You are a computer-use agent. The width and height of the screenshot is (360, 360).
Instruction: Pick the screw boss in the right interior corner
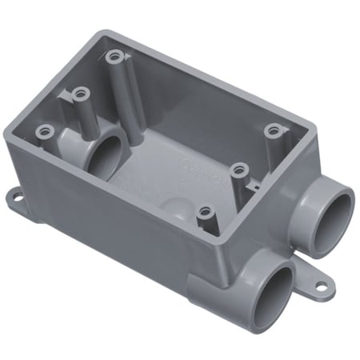[274, 130]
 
